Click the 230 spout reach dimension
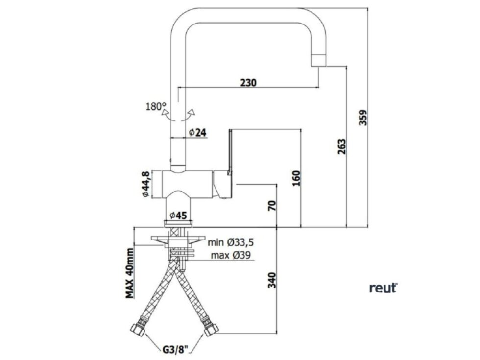248,83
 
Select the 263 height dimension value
342,146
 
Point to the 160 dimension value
296,178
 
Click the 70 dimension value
272,205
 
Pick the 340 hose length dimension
272,280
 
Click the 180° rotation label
156,107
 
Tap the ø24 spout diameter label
197,133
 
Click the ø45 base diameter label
178,216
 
